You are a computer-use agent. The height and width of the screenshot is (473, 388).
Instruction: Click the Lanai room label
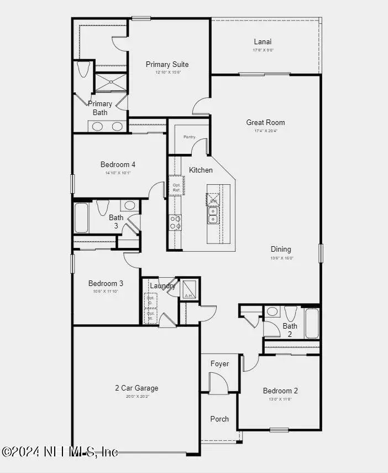(263, 41)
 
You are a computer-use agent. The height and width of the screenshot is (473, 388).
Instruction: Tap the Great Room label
(266, 122)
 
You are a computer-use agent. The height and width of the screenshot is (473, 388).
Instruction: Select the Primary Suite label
(167, 64)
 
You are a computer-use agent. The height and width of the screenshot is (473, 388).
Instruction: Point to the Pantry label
(190, 137)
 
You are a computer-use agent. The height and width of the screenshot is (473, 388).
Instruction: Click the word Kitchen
(201, 170)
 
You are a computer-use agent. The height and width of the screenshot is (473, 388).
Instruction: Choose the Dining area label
(281, 249)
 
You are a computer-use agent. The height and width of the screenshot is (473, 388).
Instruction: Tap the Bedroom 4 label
(118, 164)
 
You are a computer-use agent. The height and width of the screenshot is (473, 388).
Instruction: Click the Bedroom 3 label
(106, 283)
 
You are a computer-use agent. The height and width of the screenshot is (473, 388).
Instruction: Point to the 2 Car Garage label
(137, 388)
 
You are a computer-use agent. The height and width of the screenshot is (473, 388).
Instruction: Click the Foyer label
(219, 363)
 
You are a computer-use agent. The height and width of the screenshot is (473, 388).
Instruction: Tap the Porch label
(219, 419)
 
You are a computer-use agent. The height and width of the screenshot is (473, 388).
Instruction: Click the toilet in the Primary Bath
(84, 69)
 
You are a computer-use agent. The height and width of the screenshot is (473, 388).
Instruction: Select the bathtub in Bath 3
(81, 218)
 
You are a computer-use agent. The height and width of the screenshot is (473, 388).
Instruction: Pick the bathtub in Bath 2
(312, 323)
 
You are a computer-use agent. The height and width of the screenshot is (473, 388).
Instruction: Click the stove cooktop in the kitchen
(175, 222)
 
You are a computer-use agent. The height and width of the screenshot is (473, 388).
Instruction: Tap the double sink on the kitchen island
(213, 215)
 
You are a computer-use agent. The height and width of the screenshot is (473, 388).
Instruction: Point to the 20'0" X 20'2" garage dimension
(136, 396)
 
